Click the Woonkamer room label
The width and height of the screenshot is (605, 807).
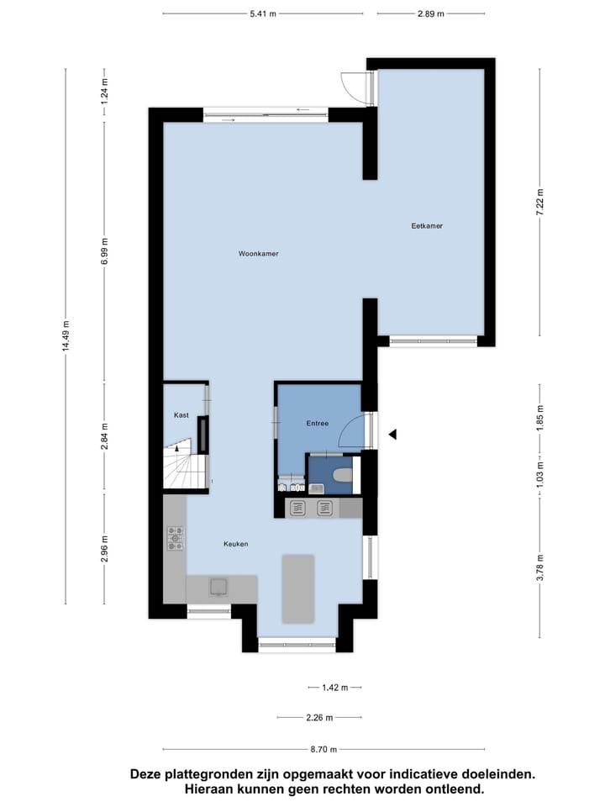click(258, 253)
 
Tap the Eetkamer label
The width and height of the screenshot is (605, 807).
click(427, 226)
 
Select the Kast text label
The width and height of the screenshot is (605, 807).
click(181, 415)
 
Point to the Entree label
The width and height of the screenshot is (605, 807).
click(317, 424)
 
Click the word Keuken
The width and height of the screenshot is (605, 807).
click(235, 544)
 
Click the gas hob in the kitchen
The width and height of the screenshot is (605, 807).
click(175, 538)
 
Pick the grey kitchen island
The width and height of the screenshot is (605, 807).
click(298, 588)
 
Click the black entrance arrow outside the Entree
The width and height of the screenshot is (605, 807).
click(392, 434)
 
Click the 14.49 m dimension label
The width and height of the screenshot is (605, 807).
click(66, 337)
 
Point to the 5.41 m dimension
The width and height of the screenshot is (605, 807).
click(263, 14)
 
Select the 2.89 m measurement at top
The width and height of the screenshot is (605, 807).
click(432, 14)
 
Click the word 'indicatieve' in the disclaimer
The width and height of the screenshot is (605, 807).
click(403, 774)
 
